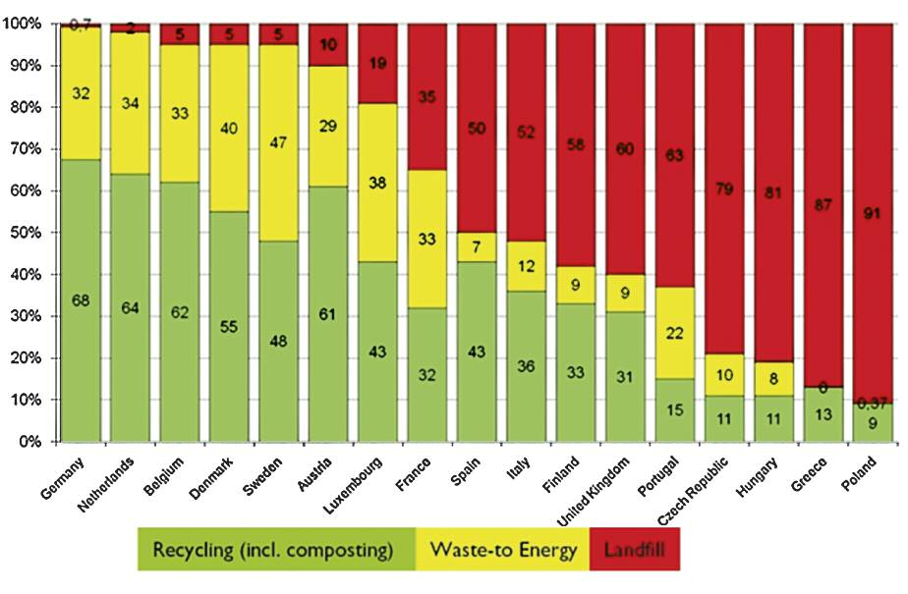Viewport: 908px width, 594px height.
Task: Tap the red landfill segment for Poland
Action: (x=873, y=211)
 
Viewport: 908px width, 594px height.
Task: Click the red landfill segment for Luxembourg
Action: (x=377, y=63)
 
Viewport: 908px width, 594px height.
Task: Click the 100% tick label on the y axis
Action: (x=28, y=24)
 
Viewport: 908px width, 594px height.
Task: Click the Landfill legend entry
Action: (x=636, y=550)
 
